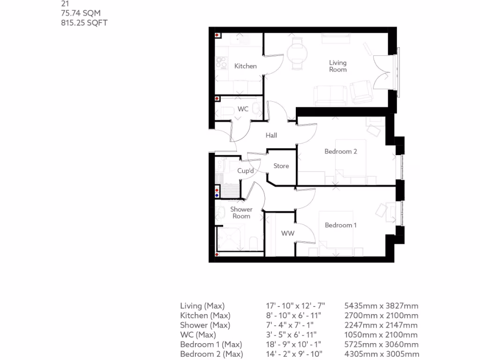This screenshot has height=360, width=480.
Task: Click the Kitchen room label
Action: click(x=245, y=66)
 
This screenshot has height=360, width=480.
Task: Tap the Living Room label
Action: click(x=337, y=66)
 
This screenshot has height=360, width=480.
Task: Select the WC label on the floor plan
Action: click(x=243, y=109)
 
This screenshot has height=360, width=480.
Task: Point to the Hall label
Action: click(x=271, y=135)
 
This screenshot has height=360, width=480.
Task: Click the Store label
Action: click(x=281, y=166)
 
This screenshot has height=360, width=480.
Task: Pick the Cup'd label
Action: click(x=245, y=171)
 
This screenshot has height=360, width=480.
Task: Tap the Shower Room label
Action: click(x=241, y=213)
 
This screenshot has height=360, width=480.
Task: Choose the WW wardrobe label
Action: click(x=287, y=233)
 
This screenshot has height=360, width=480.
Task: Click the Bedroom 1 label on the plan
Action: click(x=341, y=225)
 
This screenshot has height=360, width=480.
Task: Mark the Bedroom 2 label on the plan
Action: click(x=341, y=151)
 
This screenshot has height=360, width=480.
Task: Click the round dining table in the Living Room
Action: click(x=297, y=53)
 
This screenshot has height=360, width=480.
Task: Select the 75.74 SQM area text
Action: click(x=81, y=13)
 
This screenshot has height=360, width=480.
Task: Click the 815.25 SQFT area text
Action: click(x=84, y=22)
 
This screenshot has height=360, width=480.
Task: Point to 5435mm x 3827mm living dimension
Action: click(x=381, y=306)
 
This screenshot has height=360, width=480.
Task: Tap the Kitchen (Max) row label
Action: click(x=205, y=315)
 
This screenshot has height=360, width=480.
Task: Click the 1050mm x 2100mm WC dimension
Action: click(x=381, y=335)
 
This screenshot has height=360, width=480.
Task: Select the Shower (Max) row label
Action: click(x=205, y=325)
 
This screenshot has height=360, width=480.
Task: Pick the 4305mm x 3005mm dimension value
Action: click(x=382, y=354)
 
